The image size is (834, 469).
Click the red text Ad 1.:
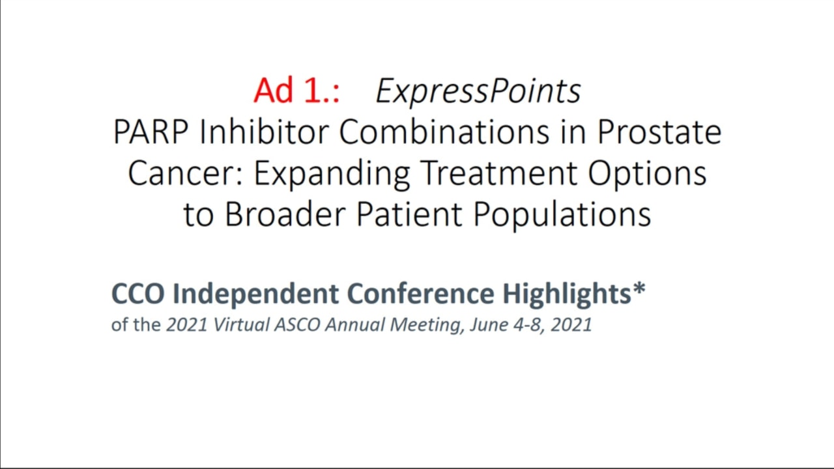[x=296, y=90]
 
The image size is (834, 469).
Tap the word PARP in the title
[x=151, y=132]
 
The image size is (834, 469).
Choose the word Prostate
[x=659, y=132]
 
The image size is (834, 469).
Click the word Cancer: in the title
[x=186, y=174]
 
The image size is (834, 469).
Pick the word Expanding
[x=332, y=174]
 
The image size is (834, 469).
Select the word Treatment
[x=499, y=173]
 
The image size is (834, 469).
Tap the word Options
[x=647, y=174]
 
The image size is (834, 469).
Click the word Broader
[x=285, y=214]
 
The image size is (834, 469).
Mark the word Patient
[x=409, y=214]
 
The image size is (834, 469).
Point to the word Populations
[x=562, y=215]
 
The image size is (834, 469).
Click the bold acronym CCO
[x=137, y=294]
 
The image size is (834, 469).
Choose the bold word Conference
[x=421, y=294]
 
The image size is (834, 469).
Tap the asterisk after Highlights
[x=639, y=289]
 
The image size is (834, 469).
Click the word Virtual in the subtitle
[x=241, y=324]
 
